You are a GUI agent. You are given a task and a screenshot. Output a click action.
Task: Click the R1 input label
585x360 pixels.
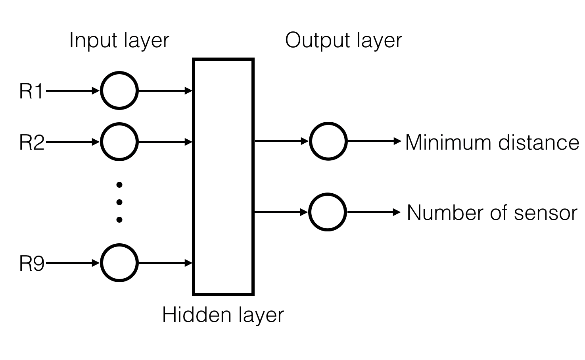(x=31, y=91)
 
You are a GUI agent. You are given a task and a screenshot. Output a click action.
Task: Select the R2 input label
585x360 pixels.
(x=32, y=142)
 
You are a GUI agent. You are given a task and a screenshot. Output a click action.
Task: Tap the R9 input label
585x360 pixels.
(x=32, y=263)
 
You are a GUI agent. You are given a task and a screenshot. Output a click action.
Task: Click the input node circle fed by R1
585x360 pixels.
(x=119, y=90)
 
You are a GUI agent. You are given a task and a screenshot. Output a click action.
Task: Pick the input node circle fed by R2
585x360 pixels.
(x=119, y=142)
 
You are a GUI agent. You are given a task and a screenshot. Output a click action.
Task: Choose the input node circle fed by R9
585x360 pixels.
(x=119, y=263)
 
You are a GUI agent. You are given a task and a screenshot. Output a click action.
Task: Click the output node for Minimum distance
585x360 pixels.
(x=328, y=141)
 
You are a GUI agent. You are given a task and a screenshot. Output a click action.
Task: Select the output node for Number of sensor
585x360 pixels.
(x=328, y=212)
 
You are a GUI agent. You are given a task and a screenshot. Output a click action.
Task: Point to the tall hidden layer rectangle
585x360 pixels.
(x=223, y=177)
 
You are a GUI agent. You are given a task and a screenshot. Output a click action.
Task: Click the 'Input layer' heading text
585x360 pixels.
(x=119, y=40)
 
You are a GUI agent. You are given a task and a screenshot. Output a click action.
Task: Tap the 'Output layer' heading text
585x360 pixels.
(x=343, y=40)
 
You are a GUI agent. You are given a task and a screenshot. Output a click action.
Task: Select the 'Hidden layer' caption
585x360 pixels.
(x=223, y=315)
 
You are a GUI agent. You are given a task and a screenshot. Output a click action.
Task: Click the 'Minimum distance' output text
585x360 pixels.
(x=492, y=142)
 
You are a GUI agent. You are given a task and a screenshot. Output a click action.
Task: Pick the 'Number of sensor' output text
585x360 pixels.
(x=492, y=213)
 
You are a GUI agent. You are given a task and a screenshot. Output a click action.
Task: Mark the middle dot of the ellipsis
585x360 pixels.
(x=119, y=202)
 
